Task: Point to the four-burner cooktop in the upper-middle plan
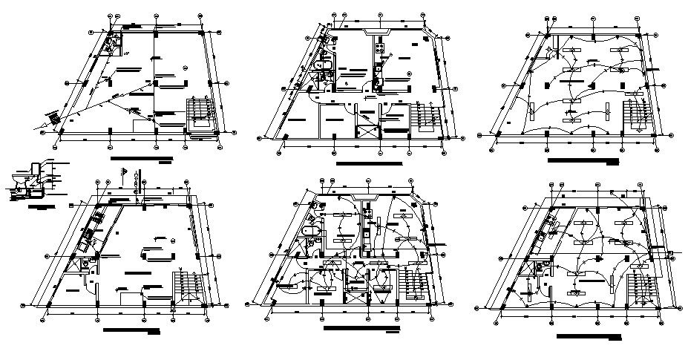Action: (x=379, y=50)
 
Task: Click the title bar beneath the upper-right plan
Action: (x=583, y=160)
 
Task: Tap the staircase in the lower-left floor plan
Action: (x=187, y=288)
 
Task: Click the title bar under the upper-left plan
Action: (x=140, y=159)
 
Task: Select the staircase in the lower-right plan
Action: (x=638, y=286)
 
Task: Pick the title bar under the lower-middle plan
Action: (x=361, y=327)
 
